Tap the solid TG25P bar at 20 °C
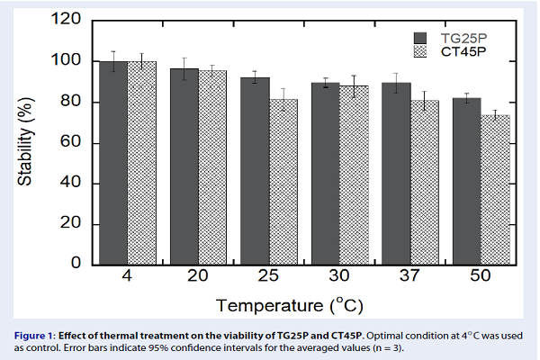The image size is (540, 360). pos(184,166)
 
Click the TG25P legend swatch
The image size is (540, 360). pos(419,37)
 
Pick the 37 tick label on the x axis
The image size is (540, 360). pos(409,276)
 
